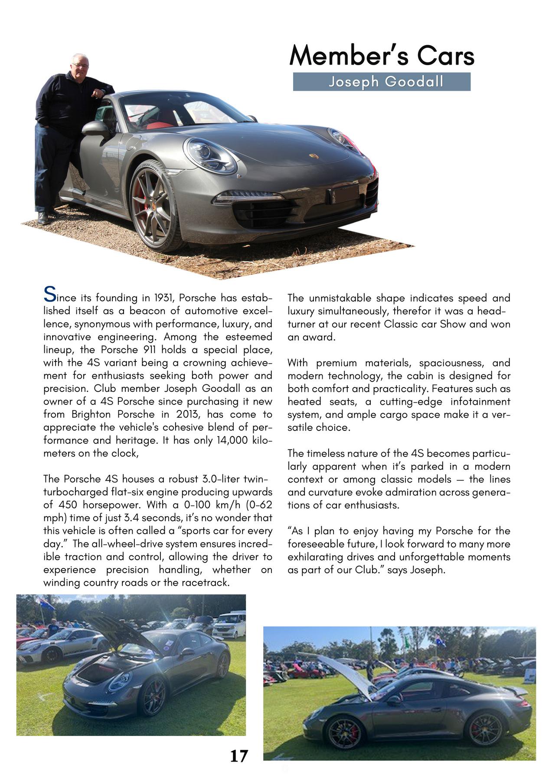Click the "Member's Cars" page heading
[x=382, y=56]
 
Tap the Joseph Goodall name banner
[x=382, y=82]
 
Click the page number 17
[x=238, y=756]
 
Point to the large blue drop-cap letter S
[x=49, y=295]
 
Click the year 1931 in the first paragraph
[x=164, y=298]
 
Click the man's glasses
[x=80, y=66]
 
